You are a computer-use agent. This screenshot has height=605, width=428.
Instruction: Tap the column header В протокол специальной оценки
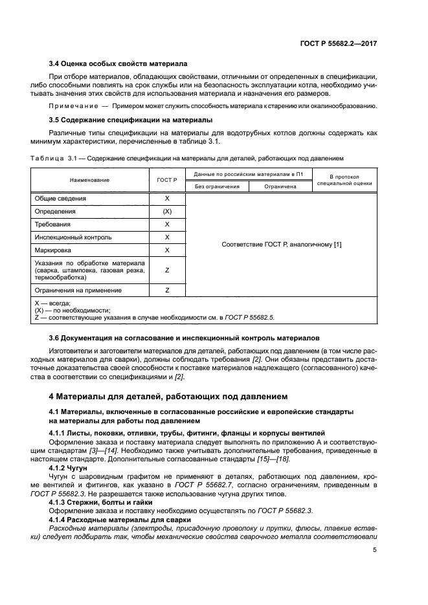click(344, 180)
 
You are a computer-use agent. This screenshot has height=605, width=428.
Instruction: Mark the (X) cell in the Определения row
click(167, 212)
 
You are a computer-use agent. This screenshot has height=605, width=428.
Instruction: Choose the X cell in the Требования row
click(167, 225)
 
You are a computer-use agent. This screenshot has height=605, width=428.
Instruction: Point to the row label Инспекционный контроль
click(74, 237)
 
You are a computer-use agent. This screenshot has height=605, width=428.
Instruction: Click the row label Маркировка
click(55, 250)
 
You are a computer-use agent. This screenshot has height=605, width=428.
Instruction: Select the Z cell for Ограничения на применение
click(167, 291)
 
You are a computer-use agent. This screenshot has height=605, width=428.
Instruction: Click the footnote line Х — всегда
click(52, 303)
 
